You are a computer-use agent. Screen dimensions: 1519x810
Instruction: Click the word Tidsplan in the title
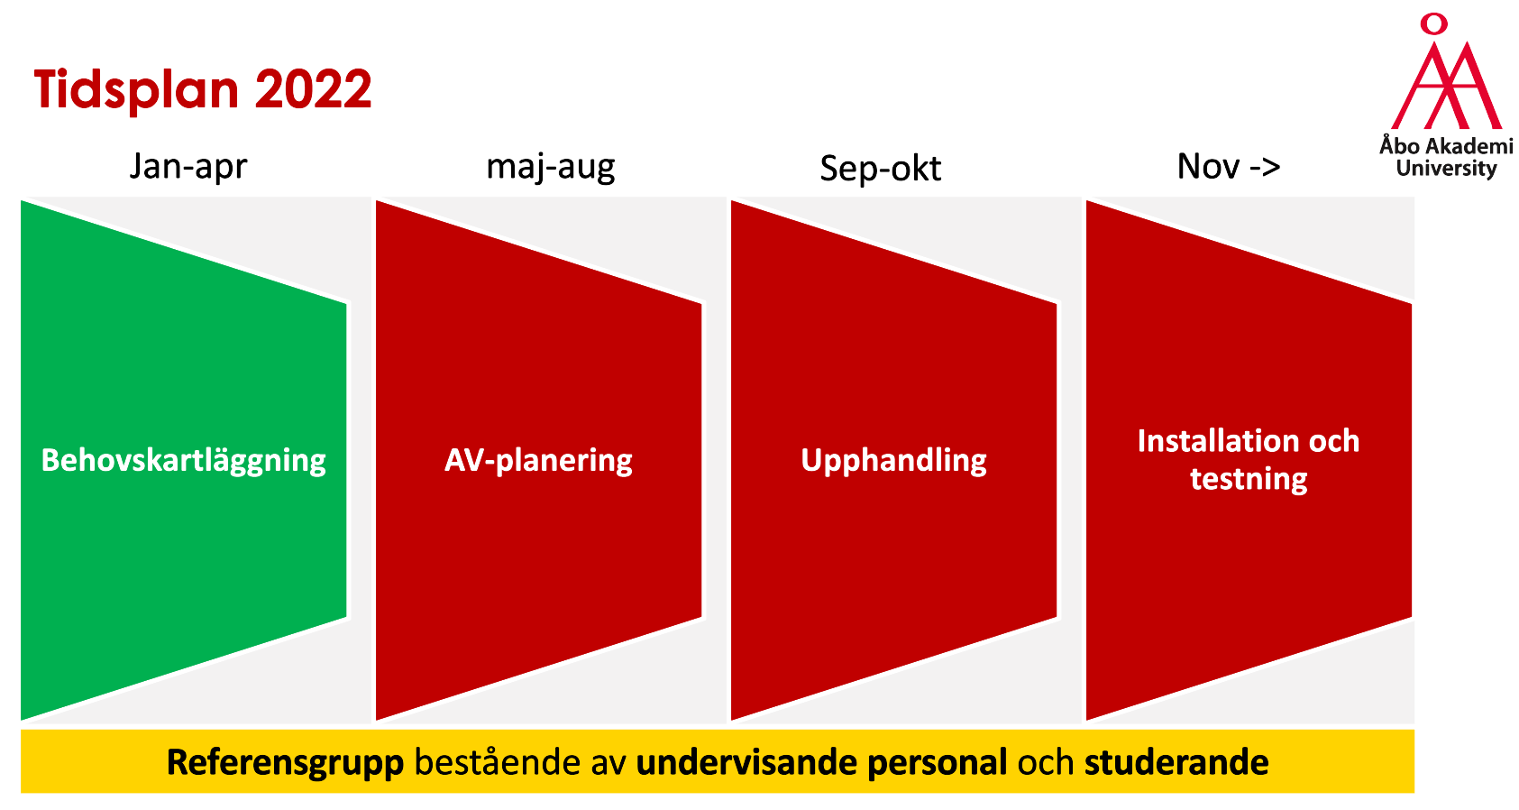coord(136,90)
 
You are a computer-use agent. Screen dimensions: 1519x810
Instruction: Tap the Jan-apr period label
coord(188,167)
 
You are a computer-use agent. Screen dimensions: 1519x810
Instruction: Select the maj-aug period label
coord(551,167)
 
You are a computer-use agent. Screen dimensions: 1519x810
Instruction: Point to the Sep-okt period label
coord(880,169)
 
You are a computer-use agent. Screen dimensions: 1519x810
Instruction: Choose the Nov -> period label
coord(1229,166)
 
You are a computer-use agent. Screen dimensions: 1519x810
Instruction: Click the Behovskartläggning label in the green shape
coord(183,461)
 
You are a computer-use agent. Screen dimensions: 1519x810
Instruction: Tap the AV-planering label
coord(538,461)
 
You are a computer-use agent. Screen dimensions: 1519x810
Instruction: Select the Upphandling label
coord(893,461)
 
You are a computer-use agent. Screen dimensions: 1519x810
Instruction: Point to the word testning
coord(1249,479)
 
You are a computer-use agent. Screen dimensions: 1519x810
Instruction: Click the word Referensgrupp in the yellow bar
coord(286,762)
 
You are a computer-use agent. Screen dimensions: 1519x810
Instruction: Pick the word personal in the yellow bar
coord(938,763)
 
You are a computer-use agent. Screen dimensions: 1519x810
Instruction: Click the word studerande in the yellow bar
coord(1176,762)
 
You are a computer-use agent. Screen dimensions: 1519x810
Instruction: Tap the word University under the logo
coord(1446,169)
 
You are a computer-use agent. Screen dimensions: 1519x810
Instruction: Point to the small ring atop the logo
coord(1434,23)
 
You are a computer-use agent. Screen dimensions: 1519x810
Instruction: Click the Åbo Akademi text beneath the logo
coord(1446,145)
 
